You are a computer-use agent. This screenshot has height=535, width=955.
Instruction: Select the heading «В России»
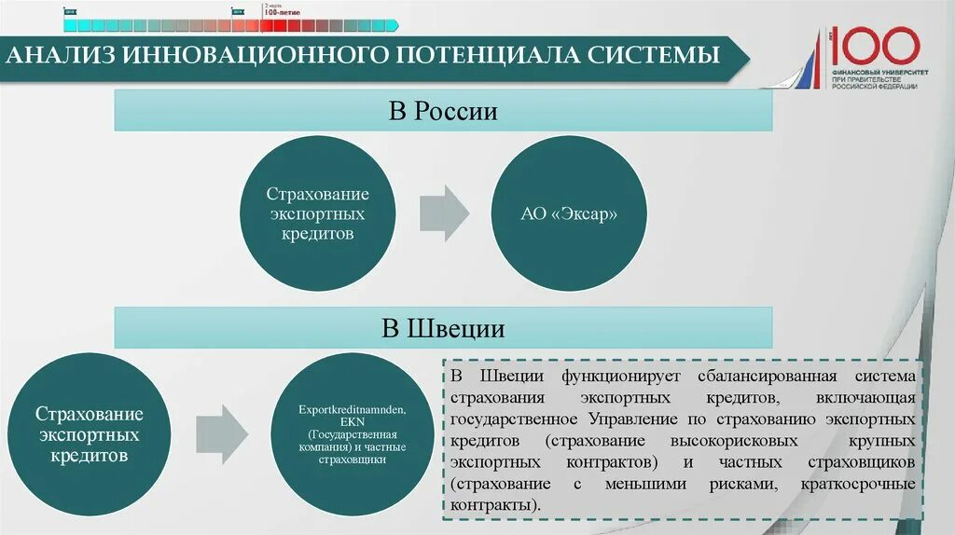click(443, 112)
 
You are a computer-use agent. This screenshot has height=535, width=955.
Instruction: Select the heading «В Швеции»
click(443, 328)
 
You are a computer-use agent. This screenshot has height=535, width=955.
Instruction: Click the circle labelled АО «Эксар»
click(569, 213)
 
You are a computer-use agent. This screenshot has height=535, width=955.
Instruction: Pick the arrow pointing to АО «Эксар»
click(444, 213)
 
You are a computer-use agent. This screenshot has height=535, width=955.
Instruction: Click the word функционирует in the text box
click(613, 377)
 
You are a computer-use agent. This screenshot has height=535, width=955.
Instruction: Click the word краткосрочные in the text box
click(858, 484)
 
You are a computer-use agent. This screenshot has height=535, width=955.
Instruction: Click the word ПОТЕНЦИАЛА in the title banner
click(486, 56)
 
